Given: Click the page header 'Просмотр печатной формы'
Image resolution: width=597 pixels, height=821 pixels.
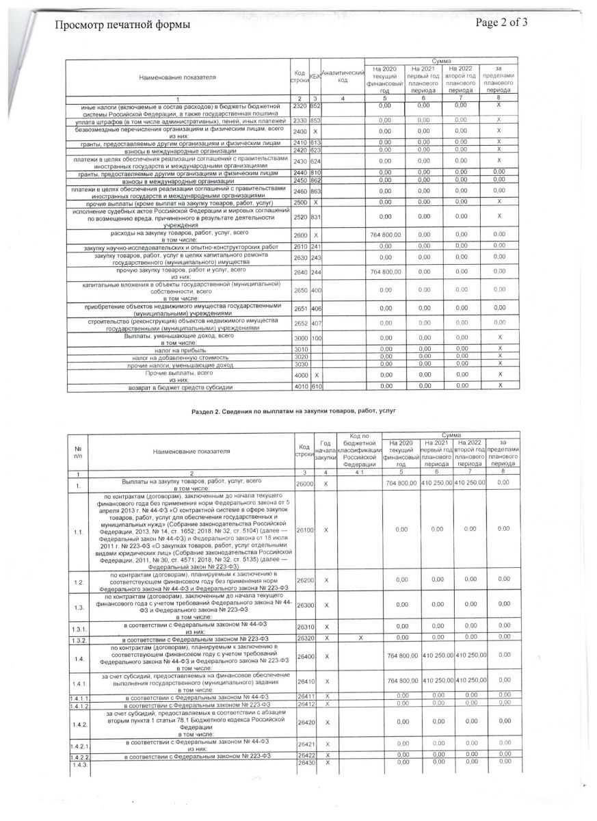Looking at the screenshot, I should [122, 25].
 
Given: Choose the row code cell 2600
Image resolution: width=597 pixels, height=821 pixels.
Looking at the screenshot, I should [300, 235].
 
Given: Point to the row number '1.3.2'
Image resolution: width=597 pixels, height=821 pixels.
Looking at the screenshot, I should [78, 639].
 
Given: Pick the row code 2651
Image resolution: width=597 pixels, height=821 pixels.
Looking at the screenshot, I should [300, 309].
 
